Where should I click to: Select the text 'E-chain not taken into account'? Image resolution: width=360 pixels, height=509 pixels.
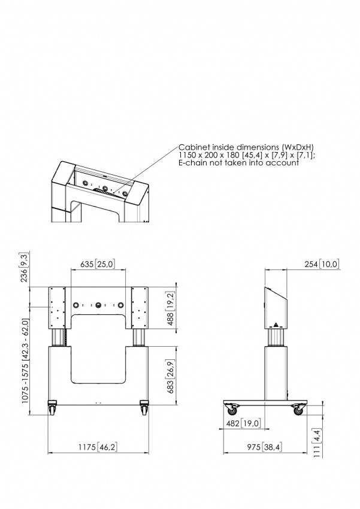(x=238, y=163)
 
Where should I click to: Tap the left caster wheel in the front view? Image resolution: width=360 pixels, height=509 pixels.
(x=52, y=410)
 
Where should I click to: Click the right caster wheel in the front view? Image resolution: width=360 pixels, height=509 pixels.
(x=144, y=410)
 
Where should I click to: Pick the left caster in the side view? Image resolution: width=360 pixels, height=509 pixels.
(x=232, y=410)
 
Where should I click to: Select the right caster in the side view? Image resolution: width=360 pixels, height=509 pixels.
(x=297, y=410)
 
